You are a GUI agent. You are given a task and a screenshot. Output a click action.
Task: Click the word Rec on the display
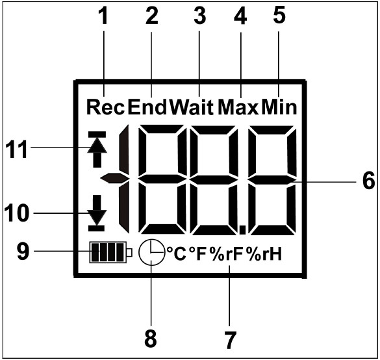click(x=105, y=107)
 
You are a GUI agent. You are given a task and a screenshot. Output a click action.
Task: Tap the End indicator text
click(x=147, y=107)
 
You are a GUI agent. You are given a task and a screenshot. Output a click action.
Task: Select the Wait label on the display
click(x=192, y=107)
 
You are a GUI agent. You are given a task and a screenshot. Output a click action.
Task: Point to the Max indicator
click(x=238, y=107)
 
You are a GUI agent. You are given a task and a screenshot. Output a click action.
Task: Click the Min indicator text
click(x=279, y=107)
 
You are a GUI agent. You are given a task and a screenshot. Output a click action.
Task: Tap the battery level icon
click(x=111, y=252)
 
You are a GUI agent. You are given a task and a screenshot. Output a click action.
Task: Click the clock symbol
click(x=151, y=252)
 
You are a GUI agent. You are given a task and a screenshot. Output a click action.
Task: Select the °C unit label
click(x=177, y=254)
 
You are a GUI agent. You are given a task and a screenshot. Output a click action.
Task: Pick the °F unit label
click(x=197, y=254)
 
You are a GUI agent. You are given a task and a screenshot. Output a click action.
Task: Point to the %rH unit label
click(x=264, y=254)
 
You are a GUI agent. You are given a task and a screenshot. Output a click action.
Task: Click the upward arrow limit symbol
click(x=97, y=149)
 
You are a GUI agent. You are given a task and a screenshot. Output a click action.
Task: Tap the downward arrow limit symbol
click(x=97, y=213)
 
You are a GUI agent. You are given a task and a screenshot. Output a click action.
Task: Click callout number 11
click(x=16, y=150)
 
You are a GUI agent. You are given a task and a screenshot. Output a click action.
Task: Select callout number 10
click(x=16, y=213)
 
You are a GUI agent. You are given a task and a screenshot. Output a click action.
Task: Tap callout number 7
click(x=230, y=341)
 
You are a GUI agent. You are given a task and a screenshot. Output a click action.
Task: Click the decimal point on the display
click(x=242, y=230)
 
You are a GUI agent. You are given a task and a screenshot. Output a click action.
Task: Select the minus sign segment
click(x=114, y=178)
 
